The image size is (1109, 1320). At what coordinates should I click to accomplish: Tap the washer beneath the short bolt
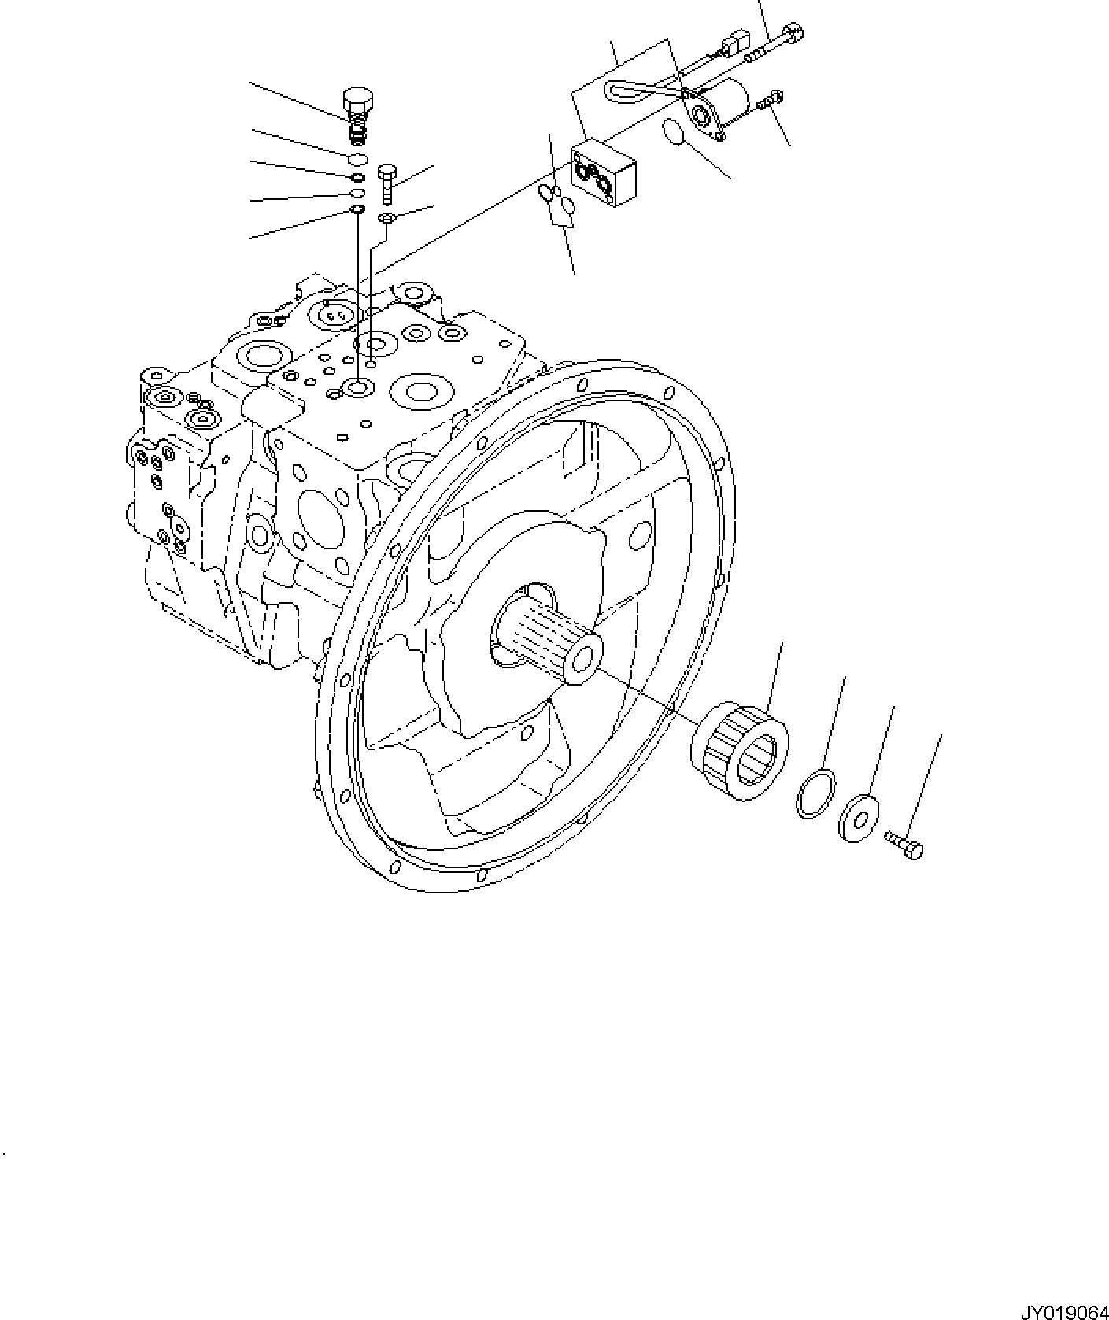pos(386,216)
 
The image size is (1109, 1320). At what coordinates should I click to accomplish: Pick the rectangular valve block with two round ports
pos(604,173)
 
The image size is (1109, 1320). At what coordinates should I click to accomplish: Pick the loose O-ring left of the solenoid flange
pos(673,132)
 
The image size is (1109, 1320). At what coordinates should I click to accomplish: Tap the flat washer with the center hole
pos(859,819)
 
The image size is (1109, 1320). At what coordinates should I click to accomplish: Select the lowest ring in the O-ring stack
pos(357,209)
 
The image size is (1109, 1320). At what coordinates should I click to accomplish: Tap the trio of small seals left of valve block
pos(557,202)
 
